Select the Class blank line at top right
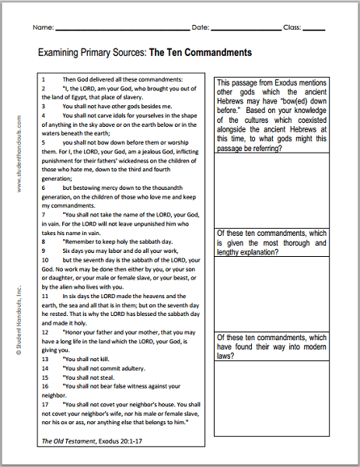point(314,27)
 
